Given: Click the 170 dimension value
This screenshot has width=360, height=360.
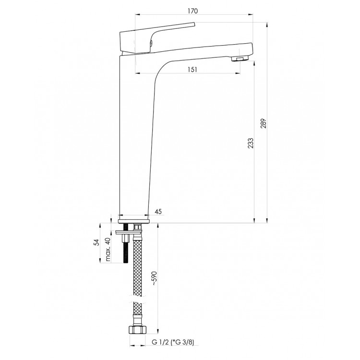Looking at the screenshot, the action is pyautogui.click(x=192, y=11).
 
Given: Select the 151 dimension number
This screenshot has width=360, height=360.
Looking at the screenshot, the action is pyautogui.click(x=192, y=69).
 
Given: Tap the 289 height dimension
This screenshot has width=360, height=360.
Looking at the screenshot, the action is pyautogui.click(x=264, y=123).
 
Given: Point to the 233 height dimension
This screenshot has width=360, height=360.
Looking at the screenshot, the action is pyautogui.click(x=252, y=143).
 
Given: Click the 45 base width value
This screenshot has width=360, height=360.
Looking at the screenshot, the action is pyautogui.click(x=158, y=212).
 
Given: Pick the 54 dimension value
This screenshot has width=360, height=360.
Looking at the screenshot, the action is pyautogui.click(x=96, y=242).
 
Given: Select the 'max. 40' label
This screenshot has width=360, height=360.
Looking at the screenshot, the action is pyautogui.click(x=108, y=250).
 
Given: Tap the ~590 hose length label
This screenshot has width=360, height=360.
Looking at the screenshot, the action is pyautogui.click(x=154, y=278).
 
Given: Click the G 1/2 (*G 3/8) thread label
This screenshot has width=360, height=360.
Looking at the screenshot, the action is pyautogui.click(x=173, y=343).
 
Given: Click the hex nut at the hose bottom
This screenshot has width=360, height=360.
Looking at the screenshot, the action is pyautogui.click(x=137, y=330).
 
